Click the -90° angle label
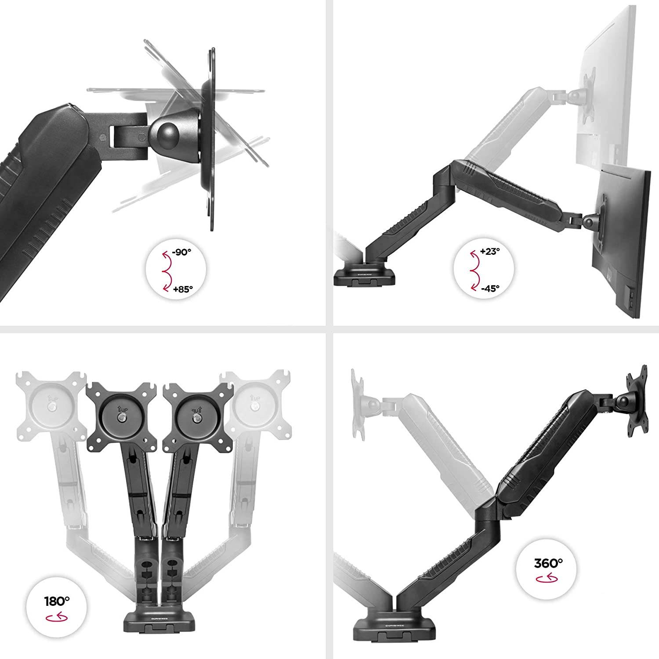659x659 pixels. (x=182, y=252)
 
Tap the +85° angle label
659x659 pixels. (x=183, y=289)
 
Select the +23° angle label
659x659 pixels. (x=490, y=252)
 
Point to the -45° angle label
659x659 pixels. (x=490, y=289)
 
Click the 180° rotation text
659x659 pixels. (x=57, y=601)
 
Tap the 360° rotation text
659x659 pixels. (x=548, y=563)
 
